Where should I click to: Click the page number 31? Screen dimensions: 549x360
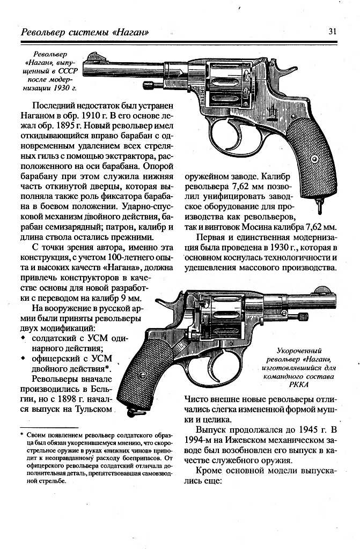(x=332, y=31)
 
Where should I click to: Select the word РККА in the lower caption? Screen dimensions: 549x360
(x=298, y=385)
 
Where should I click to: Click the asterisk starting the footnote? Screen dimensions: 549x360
(x=22, y=435)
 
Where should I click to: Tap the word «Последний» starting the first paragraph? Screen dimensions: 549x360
(x=56, y=106)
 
